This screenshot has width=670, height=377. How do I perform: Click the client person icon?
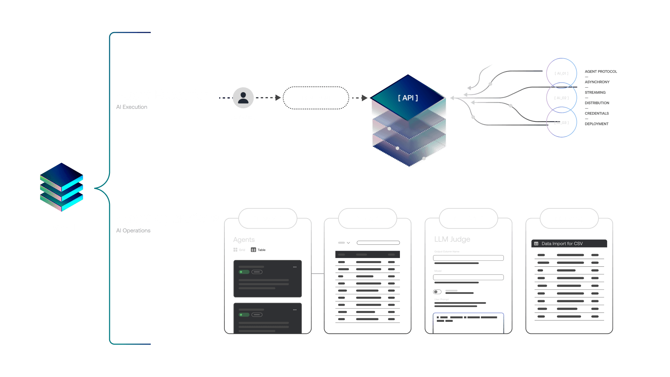(x=243, y=98)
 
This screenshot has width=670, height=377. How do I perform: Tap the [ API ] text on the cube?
(x=408, y=98)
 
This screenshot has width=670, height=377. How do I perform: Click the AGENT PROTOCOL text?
(x=601, y=72)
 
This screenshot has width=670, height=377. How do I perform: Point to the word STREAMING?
(x=595, y=93)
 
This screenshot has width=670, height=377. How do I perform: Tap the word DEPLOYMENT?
(x=596, y=124)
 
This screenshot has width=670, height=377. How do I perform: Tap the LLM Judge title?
(x=452, y=239)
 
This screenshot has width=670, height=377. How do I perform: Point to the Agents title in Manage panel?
(x=244, y=240)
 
